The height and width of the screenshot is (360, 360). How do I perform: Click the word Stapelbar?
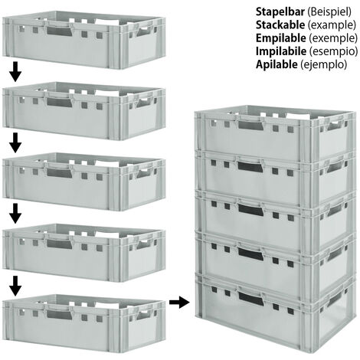(280, 11)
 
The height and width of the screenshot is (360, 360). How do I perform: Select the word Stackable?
(280, 25)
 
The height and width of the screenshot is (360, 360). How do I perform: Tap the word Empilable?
(280, 38)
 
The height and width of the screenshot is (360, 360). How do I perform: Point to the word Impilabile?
(281, 51)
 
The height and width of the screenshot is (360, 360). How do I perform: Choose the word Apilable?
(277, 64)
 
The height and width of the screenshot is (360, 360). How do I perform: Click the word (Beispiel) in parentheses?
(329, 12)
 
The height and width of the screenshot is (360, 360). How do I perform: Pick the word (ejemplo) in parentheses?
(323, 65)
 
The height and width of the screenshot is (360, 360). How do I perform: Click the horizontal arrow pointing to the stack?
(179, 303)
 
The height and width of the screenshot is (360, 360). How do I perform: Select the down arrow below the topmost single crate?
(15, 72)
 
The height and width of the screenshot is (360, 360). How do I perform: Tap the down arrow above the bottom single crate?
(15, 286)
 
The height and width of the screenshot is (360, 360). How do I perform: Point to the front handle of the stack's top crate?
(250, 125)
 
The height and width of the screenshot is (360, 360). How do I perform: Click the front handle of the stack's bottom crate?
(250, 297)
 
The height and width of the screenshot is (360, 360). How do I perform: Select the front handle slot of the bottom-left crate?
(59, 315)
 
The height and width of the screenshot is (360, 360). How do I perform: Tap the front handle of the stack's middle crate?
(250, 210)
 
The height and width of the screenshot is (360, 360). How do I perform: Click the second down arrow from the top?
(15, 142)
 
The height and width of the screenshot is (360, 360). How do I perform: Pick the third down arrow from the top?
(15, 214)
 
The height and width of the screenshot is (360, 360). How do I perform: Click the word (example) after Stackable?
(332, 25)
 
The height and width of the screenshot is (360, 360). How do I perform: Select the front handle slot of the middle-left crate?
(59, 173)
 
